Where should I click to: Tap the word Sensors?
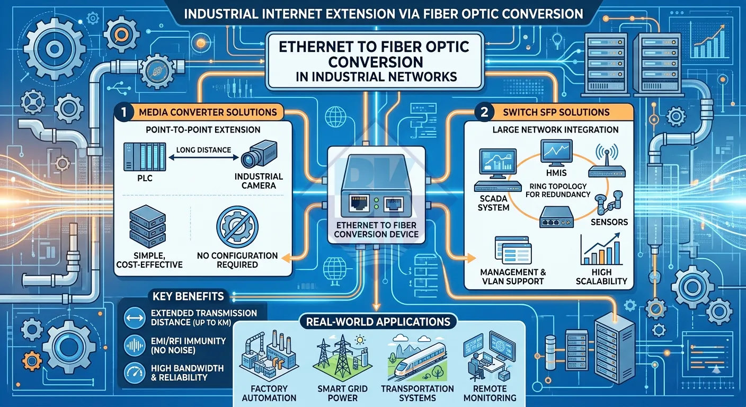point(609,222)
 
